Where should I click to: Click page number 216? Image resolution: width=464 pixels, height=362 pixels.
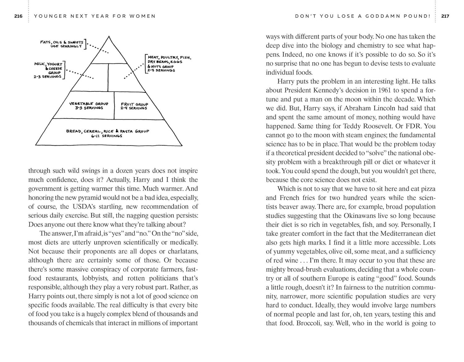pos(18,16)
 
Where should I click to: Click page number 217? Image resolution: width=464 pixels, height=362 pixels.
pos(445,16)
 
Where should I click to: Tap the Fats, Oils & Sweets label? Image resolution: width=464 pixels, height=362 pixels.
pos(61,44)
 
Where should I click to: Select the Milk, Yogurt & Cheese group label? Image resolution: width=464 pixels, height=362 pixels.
pos(48,70)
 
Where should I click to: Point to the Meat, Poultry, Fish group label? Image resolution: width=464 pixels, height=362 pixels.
pos(168,64)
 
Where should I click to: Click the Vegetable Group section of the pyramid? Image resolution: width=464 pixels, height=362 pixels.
pos(89,106)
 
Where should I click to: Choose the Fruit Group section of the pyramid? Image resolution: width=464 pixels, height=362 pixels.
pos(134,106)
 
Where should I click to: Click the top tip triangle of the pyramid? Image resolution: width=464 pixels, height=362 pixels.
pos(109,51)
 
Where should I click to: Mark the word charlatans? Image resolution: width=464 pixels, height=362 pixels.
pos(183,251)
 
